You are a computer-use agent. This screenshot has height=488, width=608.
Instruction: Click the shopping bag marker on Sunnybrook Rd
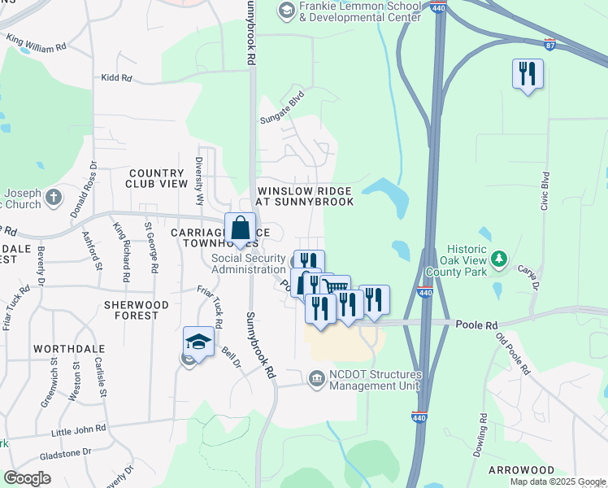(x=241, y=230)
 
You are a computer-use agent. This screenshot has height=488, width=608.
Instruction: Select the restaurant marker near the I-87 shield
(x=528, y=75)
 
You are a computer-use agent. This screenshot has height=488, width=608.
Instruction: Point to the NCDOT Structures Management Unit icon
(x=316, y=377)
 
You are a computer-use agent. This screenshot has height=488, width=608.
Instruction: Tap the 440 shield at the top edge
(x=438, y=7)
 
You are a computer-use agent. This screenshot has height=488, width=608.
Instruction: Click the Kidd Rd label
(x=116, y=77)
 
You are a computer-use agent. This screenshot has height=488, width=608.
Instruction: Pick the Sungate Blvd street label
(x=281, y=108)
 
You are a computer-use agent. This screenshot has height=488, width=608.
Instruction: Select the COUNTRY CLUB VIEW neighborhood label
(x=157, y=178)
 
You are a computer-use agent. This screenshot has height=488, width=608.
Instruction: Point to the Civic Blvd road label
(x=546, y=191)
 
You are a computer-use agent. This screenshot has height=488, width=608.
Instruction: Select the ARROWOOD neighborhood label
(x=521, y=470)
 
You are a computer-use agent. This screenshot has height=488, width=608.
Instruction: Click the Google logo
(x=28, y=478)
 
